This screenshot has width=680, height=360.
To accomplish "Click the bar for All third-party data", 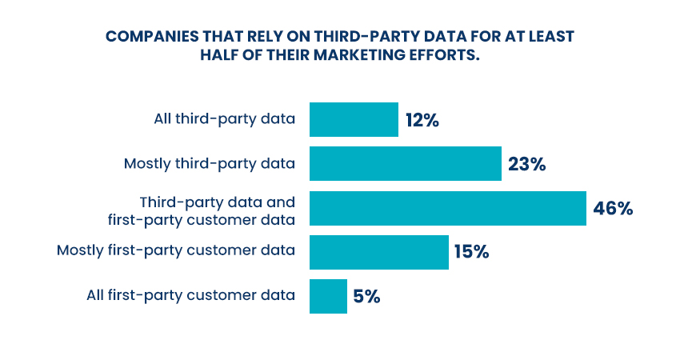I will (x=354, y=120).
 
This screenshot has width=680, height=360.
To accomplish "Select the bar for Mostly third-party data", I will (x=405, y=164).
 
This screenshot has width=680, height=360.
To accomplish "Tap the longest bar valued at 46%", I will (x=447, y=208).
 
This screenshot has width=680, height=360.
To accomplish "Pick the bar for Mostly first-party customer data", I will (x=378, y=252).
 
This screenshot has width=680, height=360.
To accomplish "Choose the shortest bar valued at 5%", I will (x=328, y=296).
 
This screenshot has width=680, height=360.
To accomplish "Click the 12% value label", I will (x=422, y=121).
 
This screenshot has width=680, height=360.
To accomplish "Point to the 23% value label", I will (x=526, y=165).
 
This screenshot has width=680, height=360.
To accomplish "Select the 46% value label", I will (x=613, y=209).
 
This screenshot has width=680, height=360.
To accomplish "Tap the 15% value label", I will (x=471, y=253).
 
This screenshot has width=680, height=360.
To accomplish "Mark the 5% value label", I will (x=366, y=297).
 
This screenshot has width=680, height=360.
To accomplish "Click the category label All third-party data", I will (x=225, y=120).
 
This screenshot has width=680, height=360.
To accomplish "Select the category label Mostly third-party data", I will (x=210, y=164).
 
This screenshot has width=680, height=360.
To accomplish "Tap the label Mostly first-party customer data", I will (x=176, y=251).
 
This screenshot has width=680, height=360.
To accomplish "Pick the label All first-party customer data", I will (x=191, y=295).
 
